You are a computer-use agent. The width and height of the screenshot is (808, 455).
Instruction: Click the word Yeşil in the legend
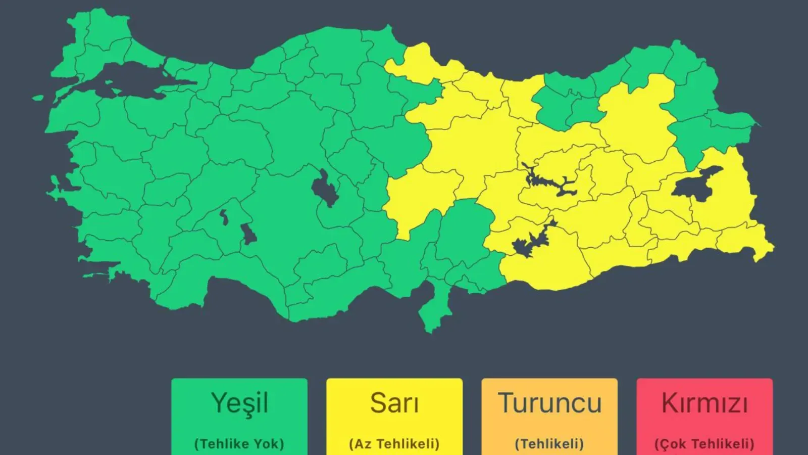click(x=239, y=403)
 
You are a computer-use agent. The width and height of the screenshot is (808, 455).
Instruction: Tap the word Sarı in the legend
click(x=394, y=403)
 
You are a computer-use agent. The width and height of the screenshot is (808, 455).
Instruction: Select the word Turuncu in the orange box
click(x=549, y=403)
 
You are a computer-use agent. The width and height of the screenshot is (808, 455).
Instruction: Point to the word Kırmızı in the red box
click(x=704, y=403)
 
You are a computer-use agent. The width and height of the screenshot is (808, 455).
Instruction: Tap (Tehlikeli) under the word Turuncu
click(x=549, y=444)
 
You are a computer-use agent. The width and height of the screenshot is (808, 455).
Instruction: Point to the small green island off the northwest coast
click(x=38, y=98)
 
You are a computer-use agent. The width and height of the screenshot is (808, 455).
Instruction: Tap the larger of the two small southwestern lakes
click(x=248, y=234)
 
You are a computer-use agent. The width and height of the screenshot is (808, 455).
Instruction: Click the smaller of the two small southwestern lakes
click(x=224, y=217)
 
